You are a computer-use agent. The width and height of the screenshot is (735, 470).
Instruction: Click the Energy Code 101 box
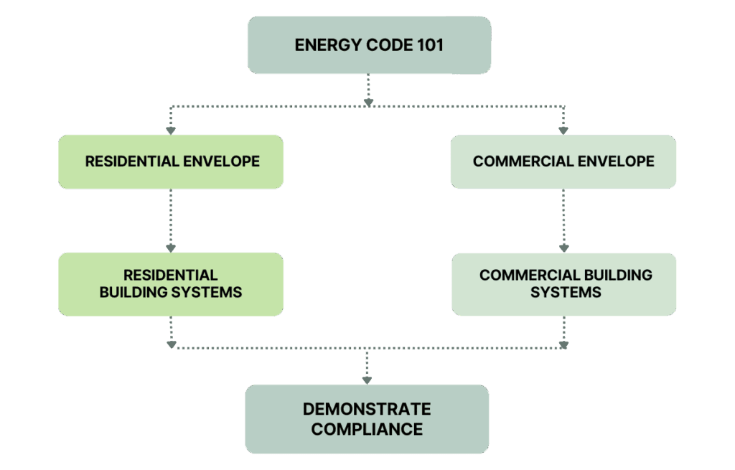pos(369,45)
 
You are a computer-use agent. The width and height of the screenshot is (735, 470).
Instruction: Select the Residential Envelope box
pos(171,161)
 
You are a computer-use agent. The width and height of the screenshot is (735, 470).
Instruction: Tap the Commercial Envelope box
pos(563,161)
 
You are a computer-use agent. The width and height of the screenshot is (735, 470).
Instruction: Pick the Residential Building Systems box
pos(171,283)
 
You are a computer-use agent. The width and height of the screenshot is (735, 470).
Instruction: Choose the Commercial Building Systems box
pos(563,283)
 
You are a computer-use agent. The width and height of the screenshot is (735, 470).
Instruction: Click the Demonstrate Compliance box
pos(367,419)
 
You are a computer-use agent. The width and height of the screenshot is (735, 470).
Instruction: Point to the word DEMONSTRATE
pos(367,410)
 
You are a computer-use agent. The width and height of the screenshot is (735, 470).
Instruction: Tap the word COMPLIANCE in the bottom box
pos(367,430)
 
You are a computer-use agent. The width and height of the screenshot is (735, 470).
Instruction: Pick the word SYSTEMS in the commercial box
pos(566,293)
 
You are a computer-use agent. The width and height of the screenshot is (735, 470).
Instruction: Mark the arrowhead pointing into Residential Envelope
pos(171,130)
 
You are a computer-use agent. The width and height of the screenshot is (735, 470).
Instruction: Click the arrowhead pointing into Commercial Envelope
pos(563,130)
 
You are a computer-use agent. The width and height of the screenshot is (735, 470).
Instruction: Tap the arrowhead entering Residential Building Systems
pos(171,248)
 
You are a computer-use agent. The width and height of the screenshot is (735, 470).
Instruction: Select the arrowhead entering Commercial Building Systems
pos(563,248)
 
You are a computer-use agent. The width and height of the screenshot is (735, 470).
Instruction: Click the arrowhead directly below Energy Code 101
pos(368,103)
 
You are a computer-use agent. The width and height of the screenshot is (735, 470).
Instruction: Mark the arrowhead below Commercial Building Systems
pos(563,344)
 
